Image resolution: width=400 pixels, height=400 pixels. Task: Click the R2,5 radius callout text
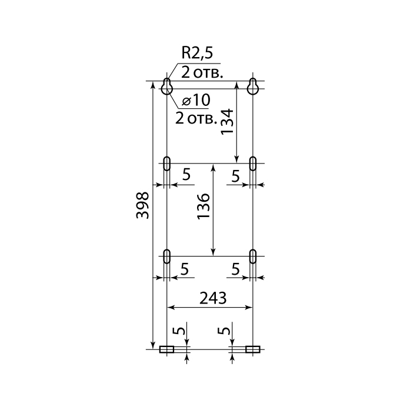coord(197,53)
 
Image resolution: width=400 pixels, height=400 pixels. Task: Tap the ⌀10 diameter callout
coord(196,100)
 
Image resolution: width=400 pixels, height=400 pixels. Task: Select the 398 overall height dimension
coord(142,205)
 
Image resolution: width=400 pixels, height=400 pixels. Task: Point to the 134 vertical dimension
coord(227,122)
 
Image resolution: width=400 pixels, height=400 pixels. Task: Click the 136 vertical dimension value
coord(204,206)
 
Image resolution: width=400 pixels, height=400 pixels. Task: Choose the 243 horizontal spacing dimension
coord(213,298)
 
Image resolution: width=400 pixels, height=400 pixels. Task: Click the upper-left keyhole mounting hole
coord(167,86)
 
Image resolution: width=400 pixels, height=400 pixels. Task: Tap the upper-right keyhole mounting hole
coord(253,86)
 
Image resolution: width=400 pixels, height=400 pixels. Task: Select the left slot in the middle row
coord(167,164)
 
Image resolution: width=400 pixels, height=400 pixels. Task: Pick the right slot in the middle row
coord(253,164)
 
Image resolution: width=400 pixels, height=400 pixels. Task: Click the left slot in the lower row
coord(167,256)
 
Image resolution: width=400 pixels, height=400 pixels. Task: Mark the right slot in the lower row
coord(253,256)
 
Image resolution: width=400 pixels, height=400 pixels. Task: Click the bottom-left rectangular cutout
coord(166,349)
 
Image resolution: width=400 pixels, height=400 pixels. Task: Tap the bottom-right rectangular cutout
coord(253,349)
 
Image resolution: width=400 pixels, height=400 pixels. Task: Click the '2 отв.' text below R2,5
coord(202,73)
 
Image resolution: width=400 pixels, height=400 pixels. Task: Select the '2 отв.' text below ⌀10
coord(196,119)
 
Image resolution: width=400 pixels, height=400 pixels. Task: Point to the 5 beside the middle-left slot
coord(186,175)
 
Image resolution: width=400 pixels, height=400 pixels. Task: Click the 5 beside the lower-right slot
coord(236,269)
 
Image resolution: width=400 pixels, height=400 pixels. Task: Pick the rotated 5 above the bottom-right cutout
coord(224,331)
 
